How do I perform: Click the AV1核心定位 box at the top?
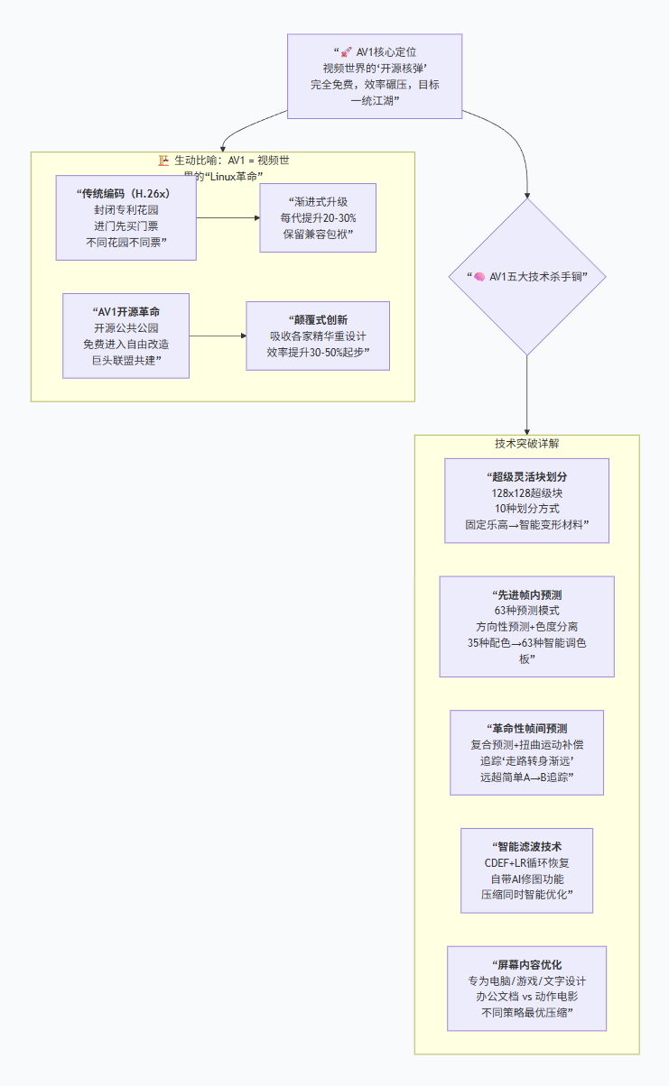point(375,77)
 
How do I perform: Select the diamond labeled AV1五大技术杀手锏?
point(526,277)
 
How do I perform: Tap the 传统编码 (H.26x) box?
point(125,217)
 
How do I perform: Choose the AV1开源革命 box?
point(126,336)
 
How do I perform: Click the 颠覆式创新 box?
point(318,336)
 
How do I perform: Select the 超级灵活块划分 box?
point(526,501)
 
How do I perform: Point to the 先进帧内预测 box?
point(526,626)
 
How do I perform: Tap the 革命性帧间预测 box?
point(526,752)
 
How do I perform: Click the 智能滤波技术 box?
point(526,870)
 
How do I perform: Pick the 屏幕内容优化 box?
point(526,989)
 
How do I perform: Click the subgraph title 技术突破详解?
point(526,444)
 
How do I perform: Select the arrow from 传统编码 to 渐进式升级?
point(228,217)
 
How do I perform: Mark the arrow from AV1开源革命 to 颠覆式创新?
point(218,336)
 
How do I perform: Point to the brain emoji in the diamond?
point(480,277)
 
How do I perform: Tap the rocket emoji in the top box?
point(346,52)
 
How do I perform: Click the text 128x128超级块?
point(526,493)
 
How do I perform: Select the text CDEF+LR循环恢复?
point(526,863)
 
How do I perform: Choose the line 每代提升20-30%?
point(317,217)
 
